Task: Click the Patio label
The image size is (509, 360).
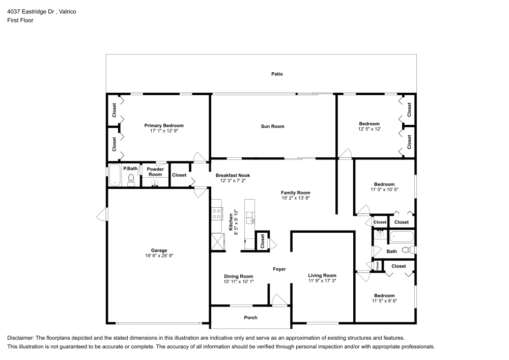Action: coord(276,74)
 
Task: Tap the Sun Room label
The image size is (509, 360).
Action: coord(273,126)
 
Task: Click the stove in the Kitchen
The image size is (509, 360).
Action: coord(217,213)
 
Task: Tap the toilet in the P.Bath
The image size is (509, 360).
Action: coord(131,179)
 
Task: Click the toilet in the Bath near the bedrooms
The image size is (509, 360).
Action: coord(407,250)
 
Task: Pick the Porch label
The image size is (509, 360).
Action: coord(250,318)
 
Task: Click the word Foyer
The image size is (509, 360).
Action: coord(279,269)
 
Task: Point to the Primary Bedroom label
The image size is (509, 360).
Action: coord(164,125)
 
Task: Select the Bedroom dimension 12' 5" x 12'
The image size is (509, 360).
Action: coord(369,129)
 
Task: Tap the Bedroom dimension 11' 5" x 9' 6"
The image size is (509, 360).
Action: coord(384,301)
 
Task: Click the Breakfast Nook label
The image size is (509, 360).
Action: coord(233,175)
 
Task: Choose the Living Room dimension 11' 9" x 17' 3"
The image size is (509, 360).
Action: coord(322,281)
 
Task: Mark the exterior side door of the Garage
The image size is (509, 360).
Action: coord(102,215)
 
